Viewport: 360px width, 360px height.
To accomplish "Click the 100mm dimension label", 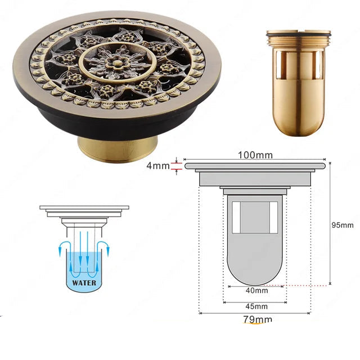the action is click(255, 155).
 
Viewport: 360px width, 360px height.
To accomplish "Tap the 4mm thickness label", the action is click(158, 165).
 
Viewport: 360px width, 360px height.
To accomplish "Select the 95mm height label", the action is click(343, 225).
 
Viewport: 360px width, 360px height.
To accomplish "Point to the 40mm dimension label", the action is click(256, 291).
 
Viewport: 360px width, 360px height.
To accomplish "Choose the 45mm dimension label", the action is click(256, 307).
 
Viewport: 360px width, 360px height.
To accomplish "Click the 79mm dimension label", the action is click(258, 319).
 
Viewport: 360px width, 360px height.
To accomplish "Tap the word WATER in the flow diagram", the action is click(84, 282).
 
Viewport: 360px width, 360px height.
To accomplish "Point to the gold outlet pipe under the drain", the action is click(118, 149).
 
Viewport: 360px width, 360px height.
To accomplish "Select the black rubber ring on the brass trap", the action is click(299, 35).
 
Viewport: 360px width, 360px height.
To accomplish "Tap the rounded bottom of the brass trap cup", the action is click(298, 121).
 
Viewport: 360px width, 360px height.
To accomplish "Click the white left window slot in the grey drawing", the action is click(236, 218).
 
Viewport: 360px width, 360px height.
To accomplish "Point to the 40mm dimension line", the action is click(255, 286).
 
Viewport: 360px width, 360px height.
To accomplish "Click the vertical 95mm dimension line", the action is click(330, 223).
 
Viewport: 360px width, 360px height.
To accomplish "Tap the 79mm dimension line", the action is click(255, 313).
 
